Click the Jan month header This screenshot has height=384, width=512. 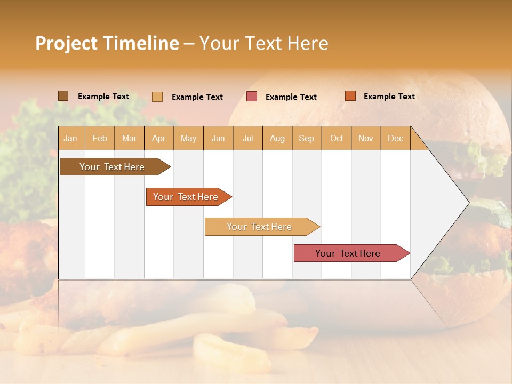coord(70,138)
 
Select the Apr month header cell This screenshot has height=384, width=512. coord(159,138)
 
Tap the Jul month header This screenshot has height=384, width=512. coord(247,138)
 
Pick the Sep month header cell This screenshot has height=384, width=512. coord(306,138)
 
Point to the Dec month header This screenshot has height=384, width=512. coord(395,138)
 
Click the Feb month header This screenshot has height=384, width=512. coord(100,138)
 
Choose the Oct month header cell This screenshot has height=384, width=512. coord(337,138)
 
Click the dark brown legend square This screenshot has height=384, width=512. coord(63,95)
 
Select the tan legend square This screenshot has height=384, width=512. coord(157,97)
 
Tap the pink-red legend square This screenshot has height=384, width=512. coord(252,97)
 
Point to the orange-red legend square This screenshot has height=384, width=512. coord(350,95)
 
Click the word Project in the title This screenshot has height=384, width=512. coord(67,43)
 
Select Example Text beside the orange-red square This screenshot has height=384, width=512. coord(389,97)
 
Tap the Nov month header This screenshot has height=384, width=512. coord(366,138)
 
